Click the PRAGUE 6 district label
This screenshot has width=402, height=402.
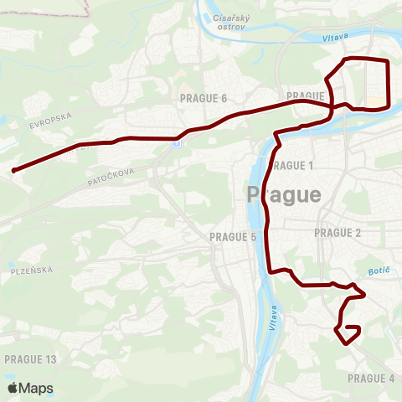pyautogui.click(x=204, y=99)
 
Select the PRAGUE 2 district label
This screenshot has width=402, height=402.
pyautogui.click(x=337, y=232)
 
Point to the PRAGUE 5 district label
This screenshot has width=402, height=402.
pyautogui.click(x=233, y=237)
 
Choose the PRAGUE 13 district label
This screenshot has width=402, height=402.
pyautogui.click(x=29, y=359)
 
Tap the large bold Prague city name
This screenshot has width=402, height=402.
pyautogui.click(x=285, y=195)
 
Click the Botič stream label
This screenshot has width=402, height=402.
pyautogui.click(x=379, y=271)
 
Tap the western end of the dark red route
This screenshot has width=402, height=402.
pyautogui.click(x=14, y=171)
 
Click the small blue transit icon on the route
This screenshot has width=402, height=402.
pyautogui.click(x=175, y=143)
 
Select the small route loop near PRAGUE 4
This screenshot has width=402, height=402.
pyautogui.click(x=348, y=332)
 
